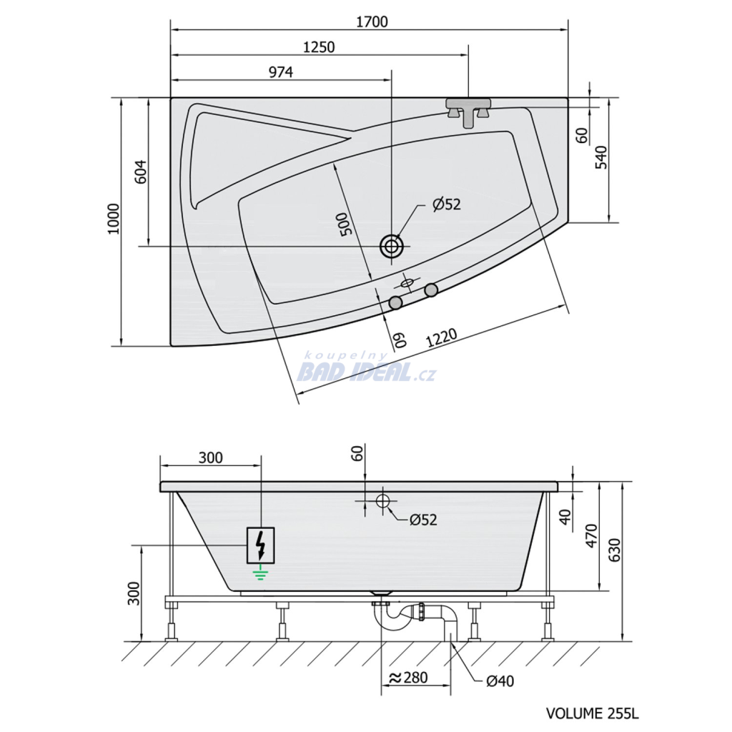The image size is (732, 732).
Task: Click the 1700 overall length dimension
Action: [372, 22]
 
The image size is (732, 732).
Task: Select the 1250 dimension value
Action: [320, 47]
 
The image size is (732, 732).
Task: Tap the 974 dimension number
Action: [281, 72]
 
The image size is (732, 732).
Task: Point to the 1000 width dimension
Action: [114, 219]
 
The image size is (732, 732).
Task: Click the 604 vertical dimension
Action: [141, 172]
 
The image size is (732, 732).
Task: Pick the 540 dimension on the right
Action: [602, 157]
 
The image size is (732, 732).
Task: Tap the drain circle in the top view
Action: [391, 246]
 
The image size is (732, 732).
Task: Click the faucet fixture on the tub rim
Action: [468, 112]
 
